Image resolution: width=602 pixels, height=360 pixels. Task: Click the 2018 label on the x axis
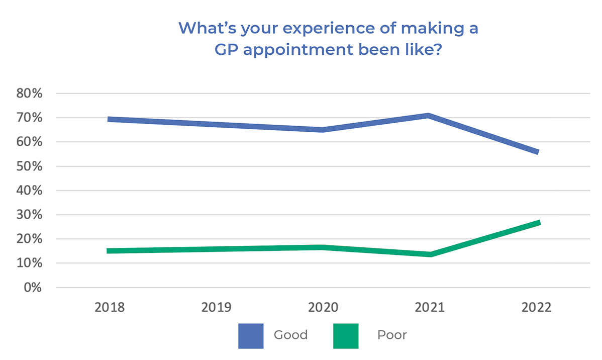tap(110, 308)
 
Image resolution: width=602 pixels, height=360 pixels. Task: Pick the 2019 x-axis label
tap(217, 308)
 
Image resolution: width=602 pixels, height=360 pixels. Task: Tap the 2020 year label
tap(324, 308)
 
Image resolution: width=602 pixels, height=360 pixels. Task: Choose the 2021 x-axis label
tap(430, 308)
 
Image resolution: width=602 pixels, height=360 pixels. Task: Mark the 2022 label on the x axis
tap(537, 308)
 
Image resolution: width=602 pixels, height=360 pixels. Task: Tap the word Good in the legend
tap(290, 335)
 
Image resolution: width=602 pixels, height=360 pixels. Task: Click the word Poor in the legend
tap(392, 335)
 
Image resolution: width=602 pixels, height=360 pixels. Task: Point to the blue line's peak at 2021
tap(428, 116)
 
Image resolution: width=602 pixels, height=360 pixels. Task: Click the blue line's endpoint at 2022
tap(537, 152)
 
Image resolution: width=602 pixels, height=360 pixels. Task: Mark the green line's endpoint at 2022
tap(538, 223)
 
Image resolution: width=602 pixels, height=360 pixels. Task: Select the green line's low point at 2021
tap(430, 254)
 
